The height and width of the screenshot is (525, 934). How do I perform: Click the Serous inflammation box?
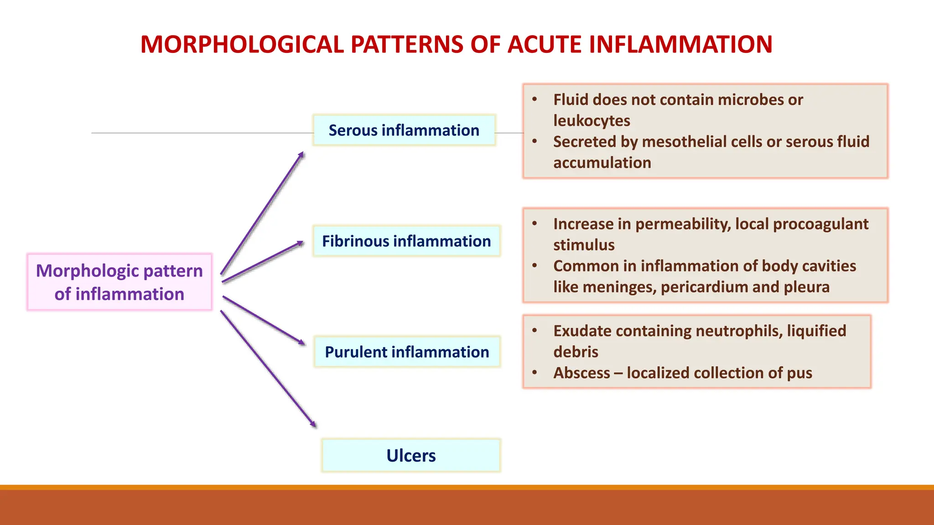pos(404,130)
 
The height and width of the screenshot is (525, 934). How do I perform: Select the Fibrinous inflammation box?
pos(406,241)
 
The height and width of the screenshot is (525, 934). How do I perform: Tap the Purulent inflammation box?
pos(407,352)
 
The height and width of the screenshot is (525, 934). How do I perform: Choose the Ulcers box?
pos(411,455)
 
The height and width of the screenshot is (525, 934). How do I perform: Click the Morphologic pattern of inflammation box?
pos(119,282)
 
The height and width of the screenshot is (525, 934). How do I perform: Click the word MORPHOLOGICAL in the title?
pos(242,45)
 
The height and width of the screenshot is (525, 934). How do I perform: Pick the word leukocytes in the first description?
pos(592,121)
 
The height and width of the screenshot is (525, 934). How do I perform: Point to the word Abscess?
pos(581,373)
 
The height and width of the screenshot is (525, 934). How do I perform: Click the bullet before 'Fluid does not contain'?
pos(534,99)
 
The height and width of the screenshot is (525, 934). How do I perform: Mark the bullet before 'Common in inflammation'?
pos(534,266)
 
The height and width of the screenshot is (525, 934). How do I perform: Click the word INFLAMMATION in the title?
pos(680,45)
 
